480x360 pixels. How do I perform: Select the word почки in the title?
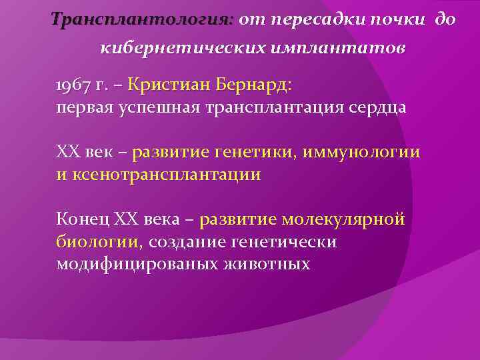pyautogui.click(x=397, y=19)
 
